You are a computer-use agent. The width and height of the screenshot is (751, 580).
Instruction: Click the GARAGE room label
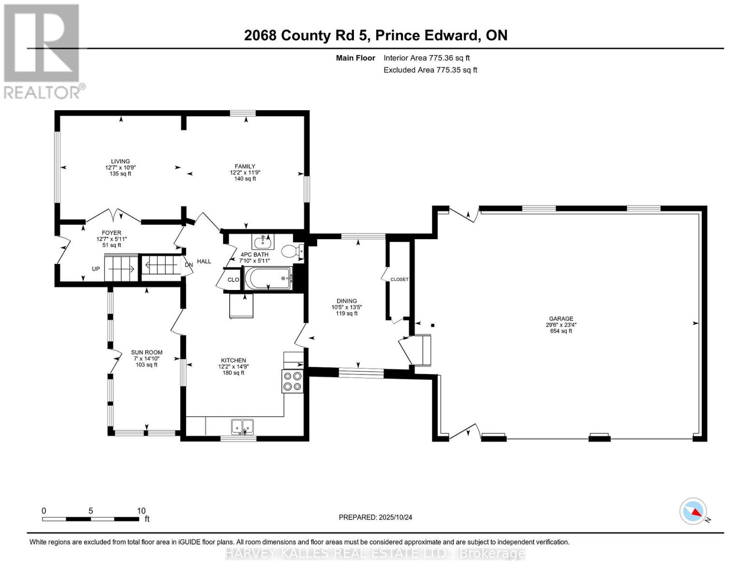click(x=561, y=319)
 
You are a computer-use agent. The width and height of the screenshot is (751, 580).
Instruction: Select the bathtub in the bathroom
click(x=268, y=278)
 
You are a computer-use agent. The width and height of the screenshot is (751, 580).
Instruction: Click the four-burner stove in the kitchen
click(x=293, y=381)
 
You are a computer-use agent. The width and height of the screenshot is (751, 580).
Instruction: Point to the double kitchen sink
click(x=242, y=427)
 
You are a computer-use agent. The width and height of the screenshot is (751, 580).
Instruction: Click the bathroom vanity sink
click(x=263, y=242)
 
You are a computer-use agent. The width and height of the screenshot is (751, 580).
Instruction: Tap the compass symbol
click(x=693, y=511)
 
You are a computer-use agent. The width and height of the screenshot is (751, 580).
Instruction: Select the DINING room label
click(x=347, y=301)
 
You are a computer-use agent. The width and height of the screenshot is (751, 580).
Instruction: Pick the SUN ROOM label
click(x=147, y=352)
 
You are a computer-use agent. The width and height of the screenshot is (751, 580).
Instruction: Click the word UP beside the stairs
click(x=96, y=269)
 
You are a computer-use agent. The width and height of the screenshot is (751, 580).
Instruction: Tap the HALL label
click(x=204, y=261)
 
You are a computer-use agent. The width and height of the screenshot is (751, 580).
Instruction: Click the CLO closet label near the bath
click(x=233, y=279)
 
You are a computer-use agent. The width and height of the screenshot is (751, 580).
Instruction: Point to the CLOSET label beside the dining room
click(x=399, y=279)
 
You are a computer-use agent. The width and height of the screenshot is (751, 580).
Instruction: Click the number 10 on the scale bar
click(x=141, y=511)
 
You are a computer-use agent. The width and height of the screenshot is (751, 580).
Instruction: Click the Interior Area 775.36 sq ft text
click(x=427, y=58)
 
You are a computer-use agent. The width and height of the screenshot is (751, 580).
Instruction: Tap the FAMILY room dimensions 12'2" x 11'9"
click(x=245, y=173)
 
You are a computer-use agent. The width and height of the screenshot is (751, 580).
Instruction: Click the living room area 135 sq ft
click(x=120, y=174)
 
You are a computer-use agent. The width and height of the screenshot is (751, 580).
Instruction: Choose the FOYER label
click(x=111, y=233)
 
